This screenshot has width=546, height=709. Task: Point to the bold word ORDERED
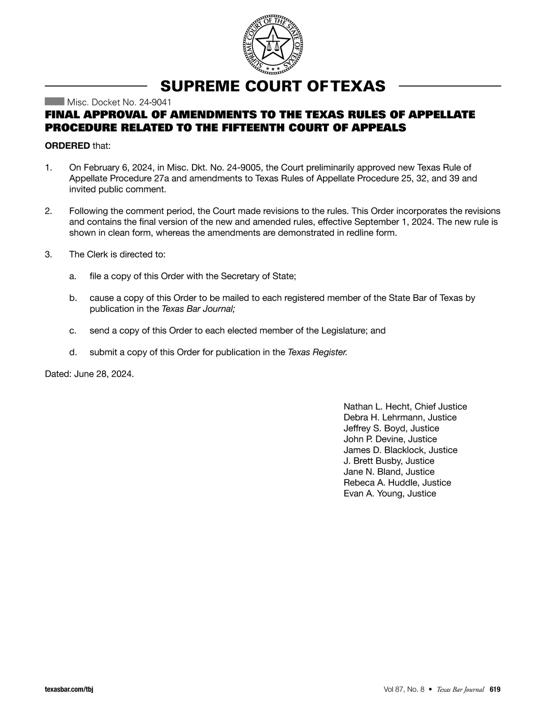67,146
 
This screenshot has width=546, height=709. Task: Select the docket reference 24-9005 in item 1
243,167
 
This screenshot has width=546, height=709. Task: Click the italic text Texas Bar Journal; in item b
198,309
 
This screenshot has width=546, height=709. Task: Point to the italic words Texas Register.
318,352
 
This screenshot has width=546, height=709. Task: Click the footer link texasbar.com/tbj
69,689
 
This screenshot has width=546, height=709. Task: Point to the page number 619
495,689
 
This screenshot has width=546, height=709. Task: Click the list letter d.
72,352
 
